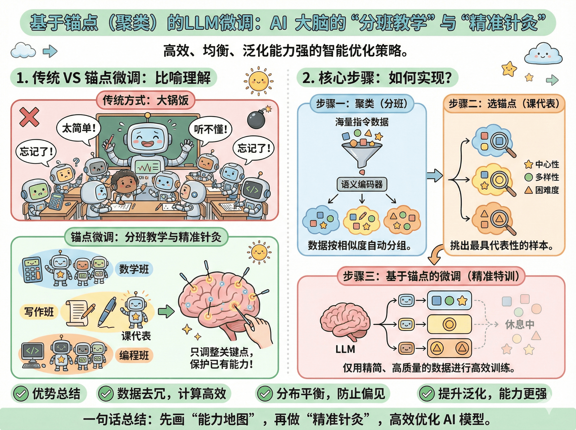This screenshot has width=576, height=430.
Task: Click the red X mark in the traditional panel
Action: [x=29, y=117]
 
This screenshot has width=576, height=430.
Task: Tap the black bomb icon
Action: [x=256, y=119]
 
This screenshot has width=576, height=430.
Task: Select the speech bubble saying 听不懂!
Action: [x=210, y=129]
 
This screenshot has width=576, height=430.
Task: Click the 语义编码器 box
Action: [x=362, y=185]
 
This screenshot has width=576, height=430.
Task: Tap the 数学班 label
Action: [x=134, y=269]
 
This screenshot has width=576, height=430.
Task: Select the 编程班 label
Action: [x=134, y=355]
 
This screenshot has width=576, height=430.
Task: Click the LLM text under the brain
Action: [x=345, y=349]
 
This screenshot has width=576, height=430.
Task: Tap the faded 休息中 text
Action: [x=520, y=324]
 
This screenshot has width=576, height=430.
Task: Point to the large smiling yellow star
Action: [x=509, y=69]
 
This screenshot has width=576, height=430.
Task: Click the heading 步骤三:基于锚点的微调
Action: [x=431, y=276]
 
